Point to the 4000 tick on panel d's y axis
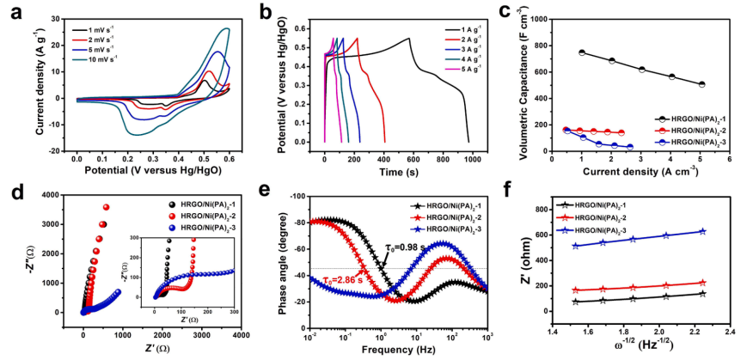[x=64, y=196]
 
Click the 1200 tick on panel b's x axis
[x=496, y=151]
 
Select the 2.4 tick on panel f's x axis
[x=730, y=331]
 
